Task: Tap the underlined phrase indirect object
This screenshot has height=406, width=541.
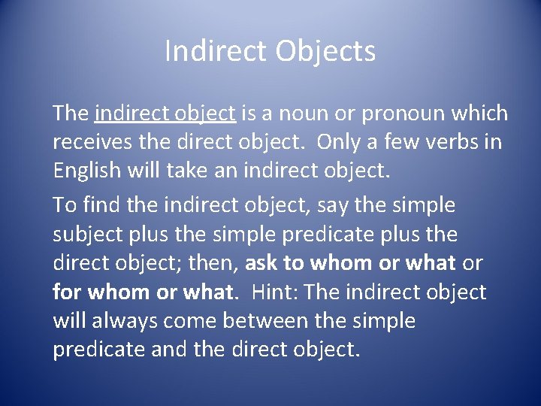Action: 165,114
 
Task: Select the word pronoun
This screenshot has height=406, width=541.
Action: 403,114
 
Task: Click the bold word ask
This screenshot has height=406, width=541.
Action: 262,263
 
